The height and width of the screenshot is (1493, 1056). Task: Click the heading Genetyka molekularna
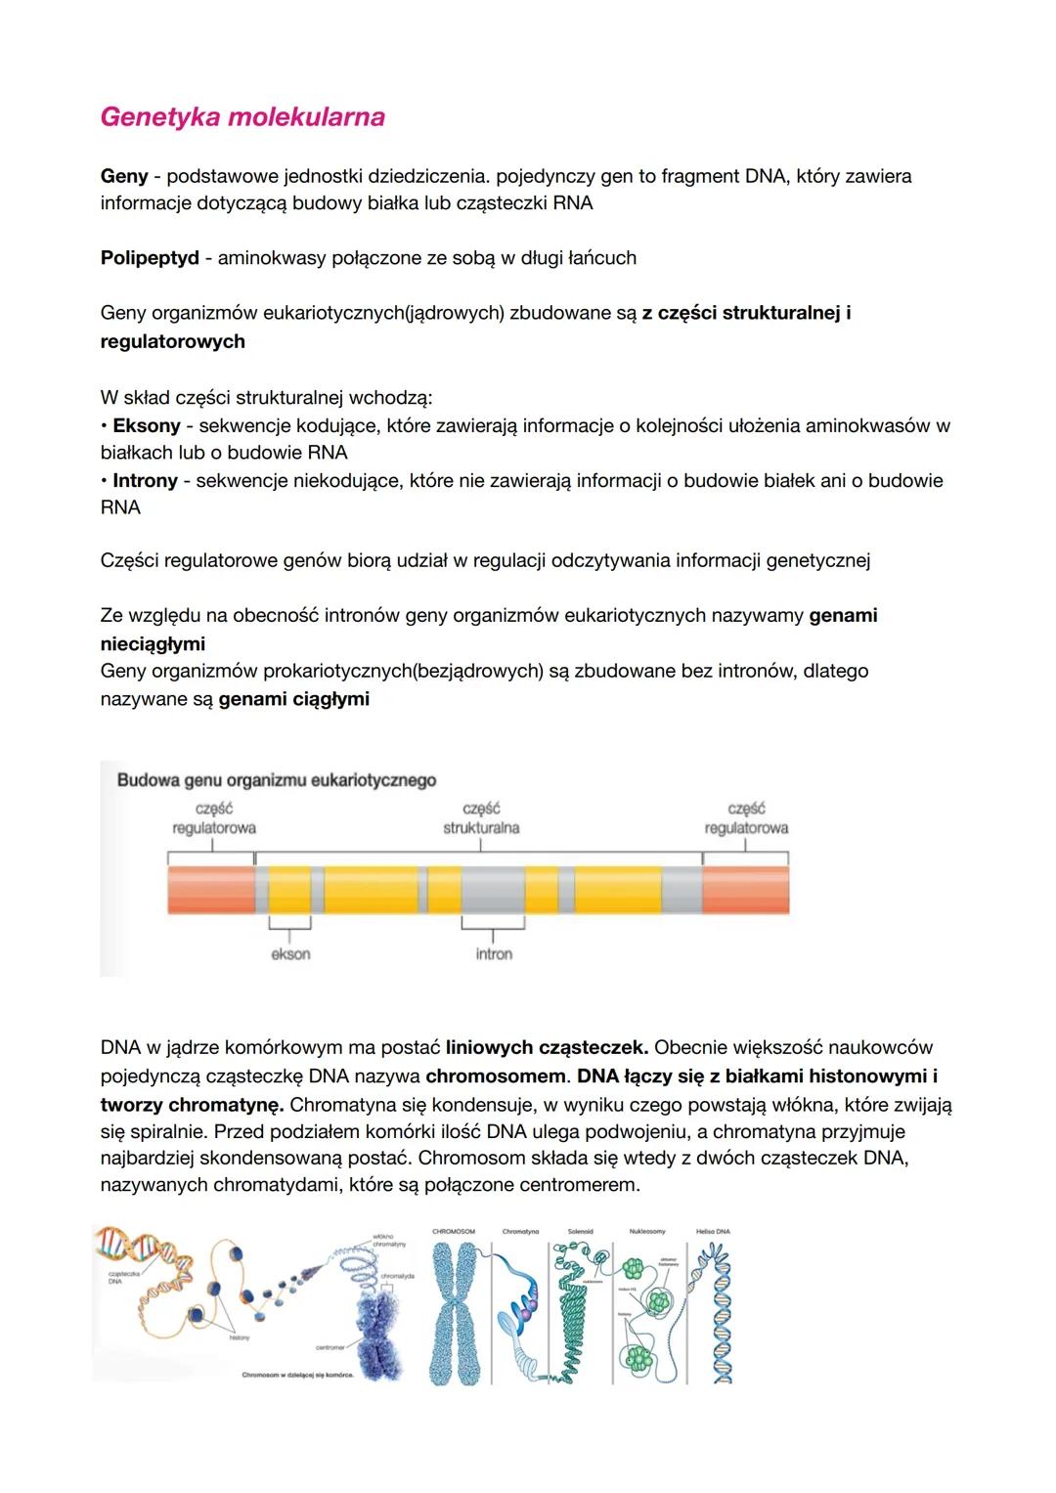(242, 117)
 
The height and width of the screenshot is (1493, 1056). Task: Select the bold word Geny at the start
(124, 177)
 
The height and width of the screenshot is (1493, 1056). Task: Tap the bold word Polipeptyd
(150, 258)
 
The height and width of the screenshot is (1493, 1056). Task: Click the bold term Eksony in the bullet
(147, 426)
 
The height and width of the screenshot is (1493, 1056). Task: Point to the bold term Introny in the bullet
(145, 481)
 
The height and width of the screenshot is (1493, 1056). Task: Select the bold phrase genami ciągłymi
(293, 700)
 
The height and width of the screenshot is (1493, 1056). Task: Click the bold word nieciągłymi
(153, 644)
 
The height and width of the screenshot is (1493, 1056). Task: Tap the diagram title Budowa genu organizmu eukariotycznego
(277, 780)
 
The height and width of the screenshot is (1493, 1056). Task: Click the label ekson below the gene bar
(290, 954)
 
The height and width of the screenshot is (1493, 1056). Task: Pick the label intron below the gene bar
(494, 954)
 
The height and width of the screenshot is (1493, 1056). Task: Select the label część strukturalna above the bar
(481, 818)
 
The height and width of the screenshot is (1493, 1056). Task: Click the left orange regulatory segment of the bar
(210, 890)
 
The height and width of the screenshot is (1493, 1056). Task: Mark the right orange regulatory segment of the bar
(745, 890)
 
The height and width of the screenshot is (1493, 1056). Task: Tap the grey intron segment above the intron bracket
(493, 890)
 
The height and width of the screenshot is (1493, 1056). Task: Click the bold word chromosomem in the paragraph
(497, 1076)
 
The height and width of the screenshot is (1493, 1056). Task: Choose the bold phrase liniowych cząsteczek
(547, 1048)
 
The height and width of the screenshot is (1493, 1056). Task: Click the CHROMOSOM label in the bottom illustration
(454, 1232)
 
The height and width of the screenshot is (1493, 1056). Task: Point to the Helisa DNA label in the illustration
(713, 1232)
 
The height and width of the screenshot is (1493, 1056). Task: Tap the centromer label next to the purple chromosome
(330, 1347)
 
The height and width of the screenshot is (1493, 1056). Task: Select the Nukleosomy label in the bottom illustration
(647, 1232)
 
